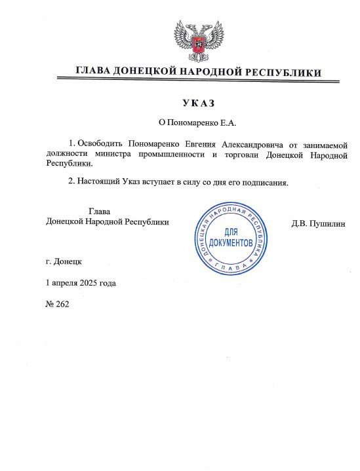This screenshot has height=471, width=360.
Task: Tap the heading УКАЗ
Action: [197, 104]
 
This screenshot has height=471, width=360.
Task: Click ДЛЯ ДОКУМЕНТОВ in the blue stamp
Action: [234, 238]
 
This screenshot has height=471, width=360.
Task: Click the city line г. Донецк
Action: [64, 261]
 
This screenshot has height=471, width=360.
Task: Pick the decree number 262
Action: [62, 304]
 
